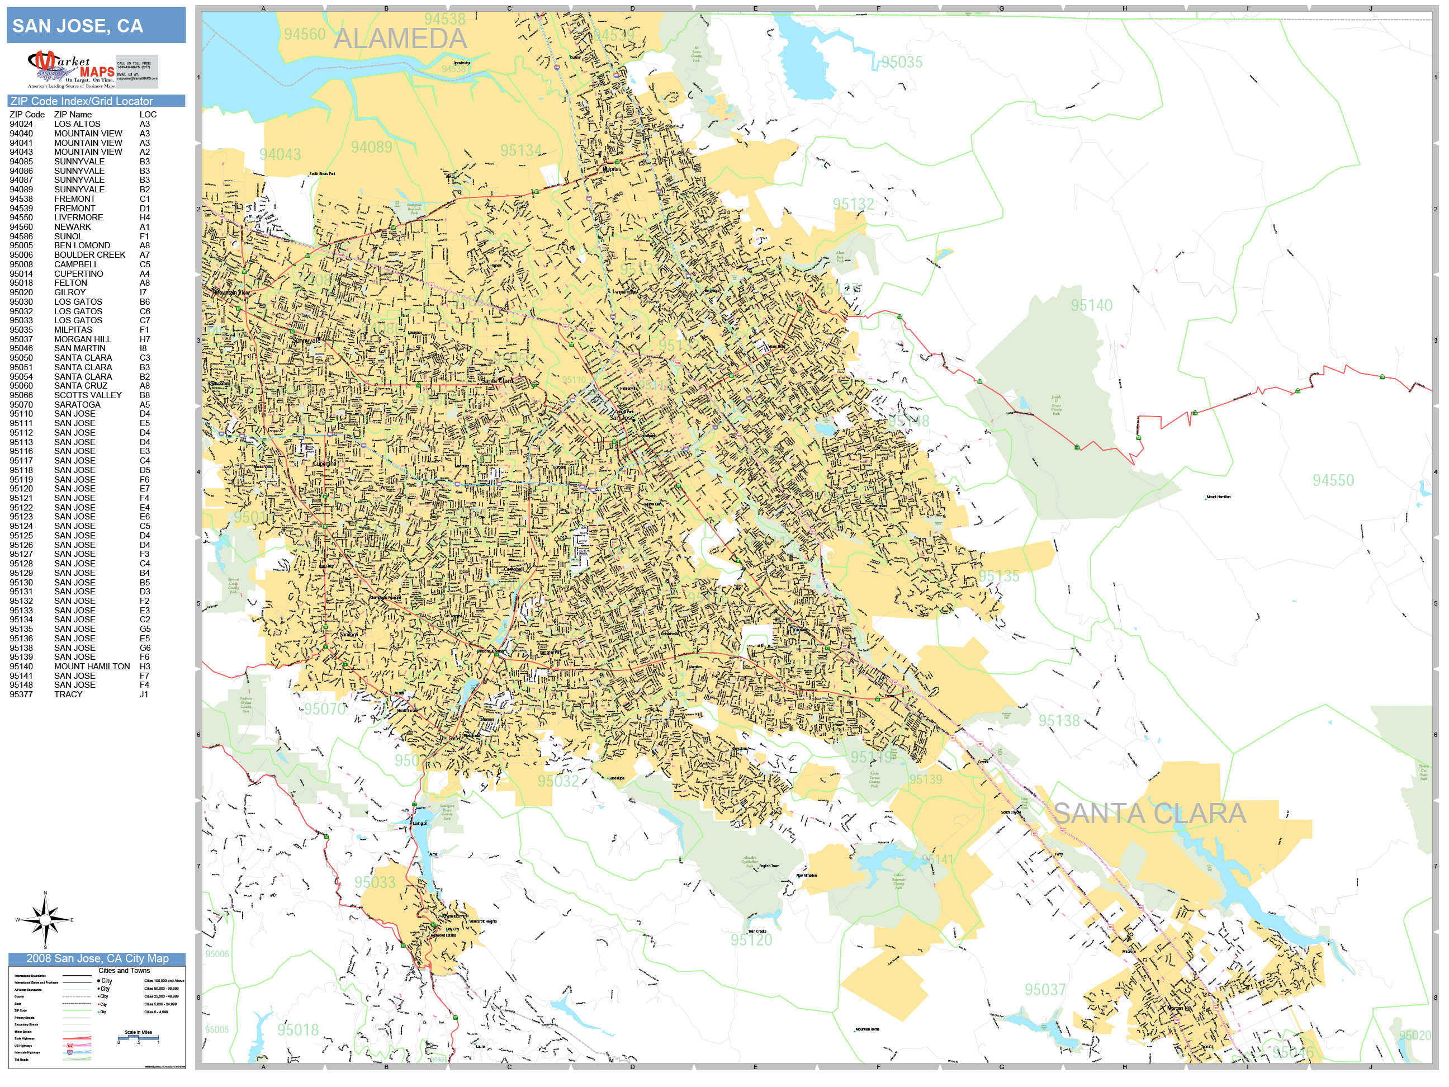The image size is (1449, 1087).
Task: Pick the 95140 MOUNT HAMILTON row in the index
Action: (79, 667)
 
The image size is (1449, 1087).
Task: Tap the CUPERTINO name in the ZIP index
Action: (79, 274)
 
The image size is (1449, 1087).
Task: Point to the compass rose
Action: (45, 920)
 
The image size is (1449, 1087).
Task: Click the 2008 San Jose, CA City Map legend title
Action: (97, 958)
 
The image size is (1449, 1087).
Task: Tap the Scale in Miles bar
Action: (138, 1038)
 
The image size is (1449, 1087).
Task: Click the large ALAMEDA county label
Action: (400, 39)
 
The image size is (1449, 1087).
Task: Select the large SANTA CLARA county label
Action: (1149, 814)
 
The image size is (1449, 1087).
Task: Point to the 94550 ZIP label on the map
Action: (1333, 480)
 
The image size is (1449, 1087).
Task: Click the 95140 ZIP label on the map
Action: (1091, 305)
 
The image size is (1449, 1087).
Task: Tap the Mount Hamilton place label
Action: (1219, 497)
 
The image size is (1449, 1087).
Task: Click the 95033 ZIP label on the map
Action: (375, 882)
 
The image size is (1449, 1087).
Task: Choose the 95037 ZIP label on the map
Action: (1045, 989)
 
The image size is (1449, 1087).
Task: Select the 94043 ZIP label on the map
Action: (280, 155)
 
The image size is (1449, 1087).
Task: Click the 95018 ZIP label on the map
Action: (297, 1030)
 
